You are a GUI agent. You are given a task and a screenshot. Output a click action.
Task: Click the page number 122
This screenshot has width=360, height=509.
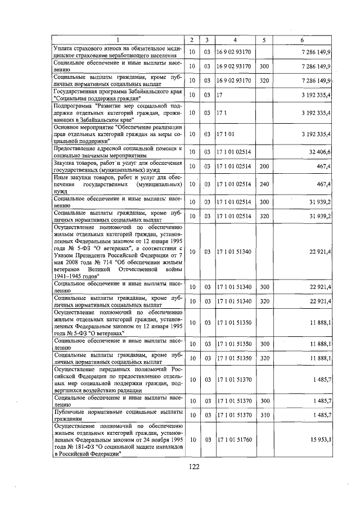point(194,466)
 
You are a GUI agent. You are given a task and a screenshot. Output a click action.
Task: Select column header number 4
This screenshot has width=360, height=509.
point(235,40)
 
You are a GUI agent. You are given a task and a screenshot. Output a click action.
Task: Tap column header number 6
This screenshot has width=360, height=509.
point(302,40)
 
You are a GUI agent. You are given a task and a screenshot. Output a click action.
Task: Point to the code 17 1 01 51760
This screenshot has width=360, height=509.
point(234,439)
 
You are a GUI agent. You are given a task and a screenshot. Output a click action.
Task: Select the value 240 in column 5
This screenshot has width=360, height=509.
point(264,184)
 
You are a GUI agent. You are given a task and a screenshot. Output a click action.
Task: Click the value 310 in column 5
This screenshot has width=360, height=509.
point(264,415)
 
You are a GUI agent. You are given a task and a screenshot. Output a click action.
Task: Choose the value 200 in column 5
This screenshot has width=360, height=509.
point(264,166)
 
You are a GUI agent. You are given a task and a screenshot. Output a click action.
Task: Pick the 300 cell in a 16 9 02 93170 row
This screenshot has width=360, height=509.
point(264,66)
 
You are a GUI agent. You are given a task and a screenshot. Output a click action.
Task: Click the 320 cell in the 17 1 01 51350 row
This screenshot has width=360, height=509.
point(264,358)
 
